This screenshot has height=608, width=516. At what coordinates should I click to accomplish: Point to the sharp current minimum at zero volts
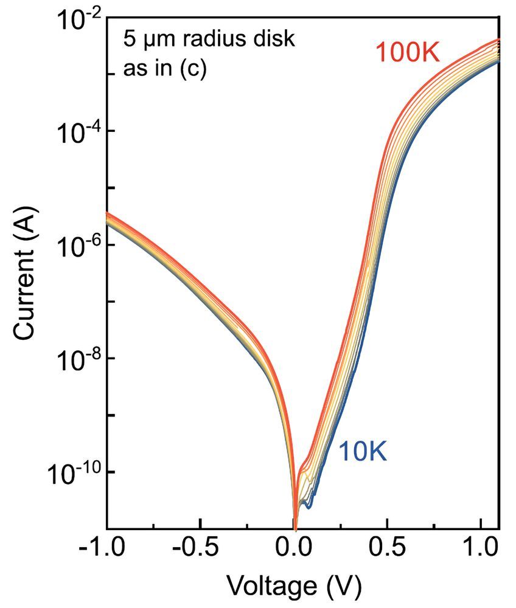pyautogui.click(x=295, y=523)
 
